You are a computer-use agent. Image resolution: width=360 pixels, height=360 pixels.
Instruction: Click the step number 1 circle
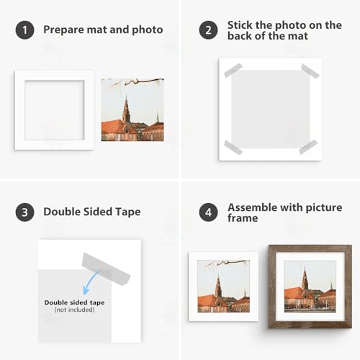point(24,30)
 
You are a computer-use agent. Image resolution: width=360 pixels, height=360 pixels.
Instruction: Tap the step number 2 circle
point(208,30)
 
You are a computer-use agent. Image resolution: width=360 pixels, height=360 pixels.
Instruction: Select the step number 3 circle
point(24,212)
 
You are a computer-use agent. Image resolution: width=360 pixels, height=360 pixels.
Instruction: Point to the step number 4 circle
point(208,212)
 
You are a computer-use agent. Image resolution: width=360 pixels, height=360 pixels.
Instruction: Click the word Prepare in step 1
point(63,30)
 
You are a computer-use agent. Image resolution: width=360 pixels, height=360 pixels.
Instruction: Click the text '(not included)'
point(74,310)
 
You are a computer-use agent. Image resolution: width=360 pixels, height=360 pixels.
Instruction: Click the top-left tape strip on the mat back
point(233,71)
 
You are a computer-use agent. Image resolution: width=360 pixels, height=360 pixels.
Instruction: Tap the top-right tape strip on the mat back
point(310,71)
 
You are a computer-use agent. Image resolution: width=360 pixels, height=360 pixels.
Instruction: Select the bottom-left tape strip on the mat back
point(233,148)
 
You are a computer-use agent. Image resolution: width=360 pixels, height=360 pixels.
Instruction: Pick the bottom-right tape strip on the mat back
point(308,147)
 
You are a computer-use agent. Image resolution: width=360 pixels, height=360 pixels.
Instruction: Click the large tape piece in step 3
point(106,269)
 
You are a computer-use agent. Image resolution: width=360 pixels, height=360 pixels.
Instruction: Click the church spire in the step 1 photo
point(126,109)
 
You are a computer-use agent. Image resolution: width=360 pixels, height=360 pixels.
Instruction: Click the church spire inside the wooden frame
point(305,278)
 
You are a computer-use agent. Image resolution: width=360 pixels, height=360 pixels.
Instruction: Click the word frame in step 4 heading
point(243,218)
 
